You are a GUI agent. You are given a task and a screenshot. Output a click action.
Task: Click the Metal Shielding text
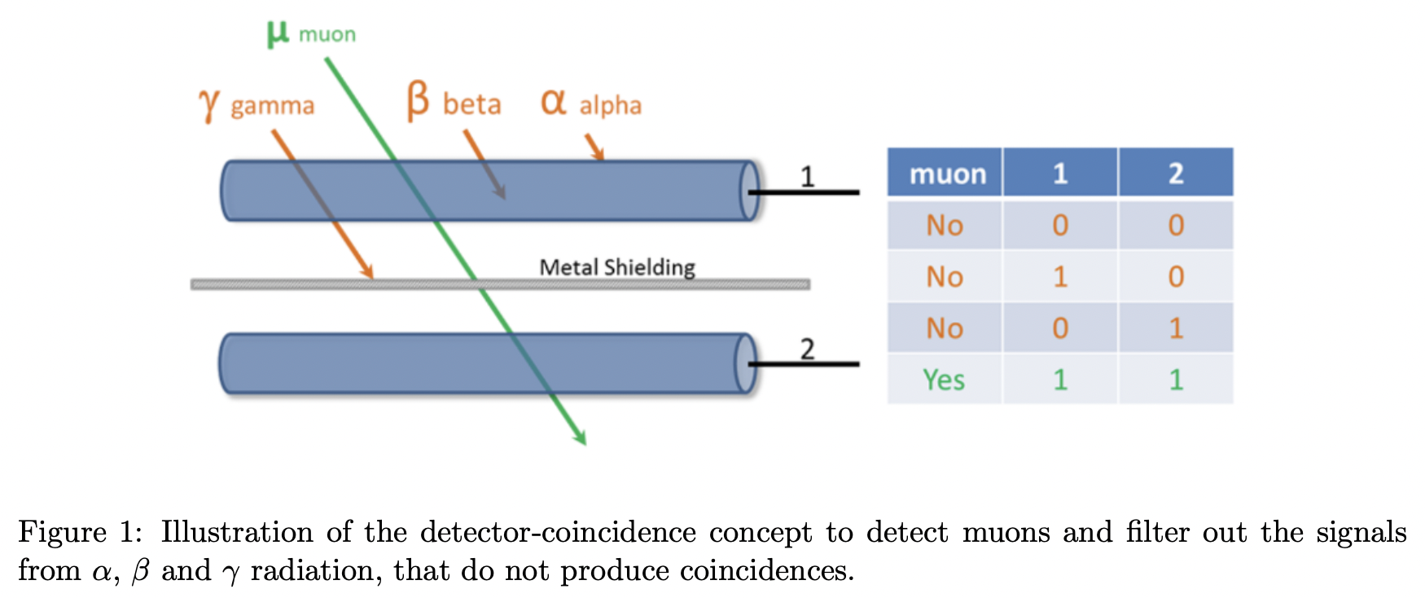[617, 267]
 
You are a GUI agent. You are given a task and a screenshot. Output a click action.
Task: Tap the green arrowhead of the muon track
[581, 439]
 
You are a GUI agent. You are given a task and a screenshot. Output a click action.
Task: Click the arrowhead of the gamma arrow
[368, 273]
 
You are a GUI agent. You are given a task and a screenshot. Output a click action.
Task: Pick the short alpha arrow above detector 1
[595, 147]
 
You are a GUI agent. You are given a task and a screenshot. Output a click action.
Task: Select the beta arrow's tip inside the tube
[501, 193]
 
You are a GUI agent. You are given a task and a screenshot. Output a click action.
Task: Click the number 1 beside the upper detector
[807, 176]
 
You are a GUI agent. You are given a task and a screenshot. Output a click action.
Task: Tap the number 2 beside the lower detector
[807, 349]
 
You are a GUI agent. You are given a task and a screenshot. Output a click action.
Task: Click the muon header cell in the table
[946, 174]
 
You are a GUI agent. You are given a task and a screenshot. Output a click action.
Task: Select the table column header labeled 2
[1175, 174]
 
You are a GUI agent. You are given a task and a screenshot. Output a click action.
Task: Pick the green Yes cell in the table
[944, 380]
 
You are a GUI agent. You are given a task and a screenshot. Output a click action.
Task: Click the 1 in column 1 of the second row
[1059, 277]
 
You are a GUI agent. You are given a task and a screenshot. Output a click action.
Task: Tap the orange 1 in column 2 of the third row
[1175, 328]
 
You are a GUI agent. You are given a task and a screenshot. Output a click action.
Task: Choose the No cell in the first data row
[944, 225]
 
